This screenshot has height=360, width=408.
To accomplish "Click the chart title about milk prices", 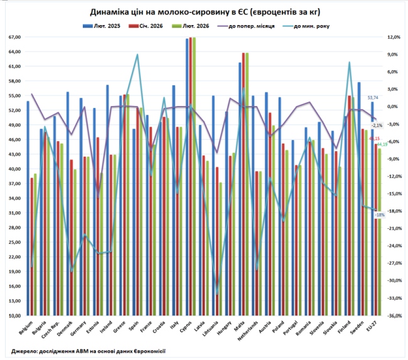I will [x=210, y=12].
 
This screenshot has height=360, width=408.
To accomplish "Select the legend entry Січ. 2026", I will [x=146, y=26].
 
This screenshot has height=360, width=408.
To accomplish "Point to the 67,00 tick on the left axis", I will [x=14, y=37].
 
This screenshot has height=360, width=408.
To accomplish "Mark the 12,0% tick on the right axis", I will [x=394, y=37].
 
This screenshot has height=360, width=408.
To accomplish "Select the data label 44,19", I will [x=381, y=162].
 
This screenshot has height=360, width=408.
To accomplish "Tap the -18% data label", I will [x=380, y=214].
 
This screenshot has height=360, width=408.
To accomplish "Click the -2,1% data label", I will [x=377, y=125].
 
